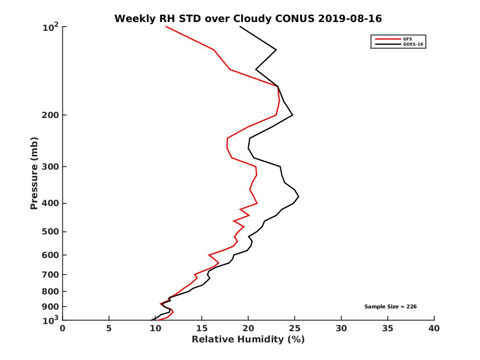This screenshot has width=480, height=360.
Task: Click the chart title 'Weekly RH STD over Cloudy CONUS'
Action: click(x=248, y=18)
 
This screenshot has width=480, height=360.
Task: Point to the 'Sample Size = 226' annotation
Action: click(x=390, y=306)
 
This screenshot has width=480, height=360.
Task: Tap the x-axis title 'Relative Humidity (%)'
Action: click(x=248, y=340)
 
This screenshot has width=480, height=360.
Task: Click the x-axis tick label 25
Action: click(x=295, y=328)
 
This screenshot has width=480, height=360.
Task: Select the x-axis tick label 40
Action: click(x=434, y=328)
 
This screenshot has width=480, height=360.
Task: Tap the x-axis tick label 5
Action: click(x=109, y=328)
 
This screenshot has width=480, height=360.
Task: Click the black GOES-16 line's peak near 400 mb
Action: click(x=298, y=197)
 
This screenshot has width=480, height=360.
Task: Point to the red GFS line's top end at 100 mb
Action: click(x=166, y=27)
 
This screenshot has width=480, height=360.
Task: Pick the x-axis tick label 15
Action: click(x=202, y=328)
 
